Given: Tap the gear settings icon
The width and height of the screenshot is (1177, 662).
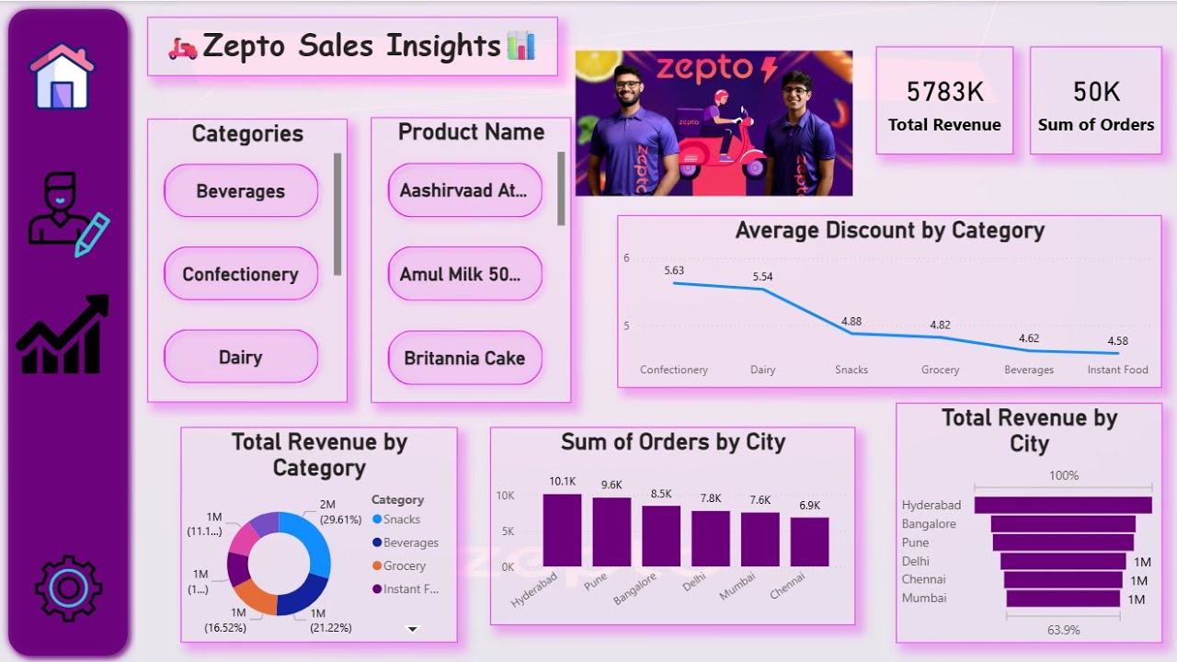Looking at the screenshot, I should (x=68, y=588).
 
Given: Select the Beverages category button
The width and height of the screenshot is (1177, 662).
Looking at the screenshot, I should (x=241, y=191).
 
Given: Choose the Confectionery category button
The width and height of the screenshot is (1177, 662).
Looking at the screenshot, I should (x=241, y=274).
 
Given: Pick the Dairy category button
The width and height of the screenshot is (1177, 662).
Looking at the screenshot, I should (x=241, y=358).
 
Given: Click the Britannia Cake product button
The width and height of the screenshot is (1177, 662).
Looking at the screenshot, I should (x=464, y=358).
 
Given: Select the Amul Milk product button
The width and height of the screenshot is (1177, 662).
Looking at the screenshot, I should (x=464, y=274).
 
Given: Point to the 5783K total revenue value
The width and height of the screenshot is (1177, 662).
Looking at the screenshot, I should (x=944, y=92).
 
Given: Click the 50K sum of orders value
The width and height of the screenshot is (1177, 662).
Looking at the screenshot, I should (x=1096, y=92).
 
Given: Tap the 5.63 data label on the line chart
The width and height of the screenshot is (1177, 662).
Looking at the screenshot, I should (x=674, y=270).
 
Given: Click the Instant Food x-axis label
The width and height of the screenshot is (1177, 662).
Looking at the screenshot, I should (x=1117, y=370).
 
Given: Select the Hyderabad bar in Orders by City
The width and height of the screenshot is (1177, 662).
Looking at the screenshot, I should (x=562, y=531).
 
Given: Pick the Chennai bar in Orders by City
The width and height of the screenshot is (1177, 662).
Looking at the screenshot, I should (x=809, y=542).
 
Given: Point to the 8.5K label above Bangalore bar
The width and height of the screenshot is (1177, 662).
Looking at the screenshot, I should (x=660, y=494).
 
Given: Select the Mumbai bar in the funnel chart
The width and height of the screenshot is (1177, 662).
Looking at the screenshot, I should (x=1063, y=599).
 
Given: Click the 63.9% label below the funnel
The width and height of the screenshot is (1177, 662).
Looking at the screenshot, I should (x=1063, y=630).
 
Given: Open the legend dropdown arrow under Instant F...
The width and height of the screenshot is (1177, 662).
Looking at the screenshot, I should (x=413, y=629).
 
